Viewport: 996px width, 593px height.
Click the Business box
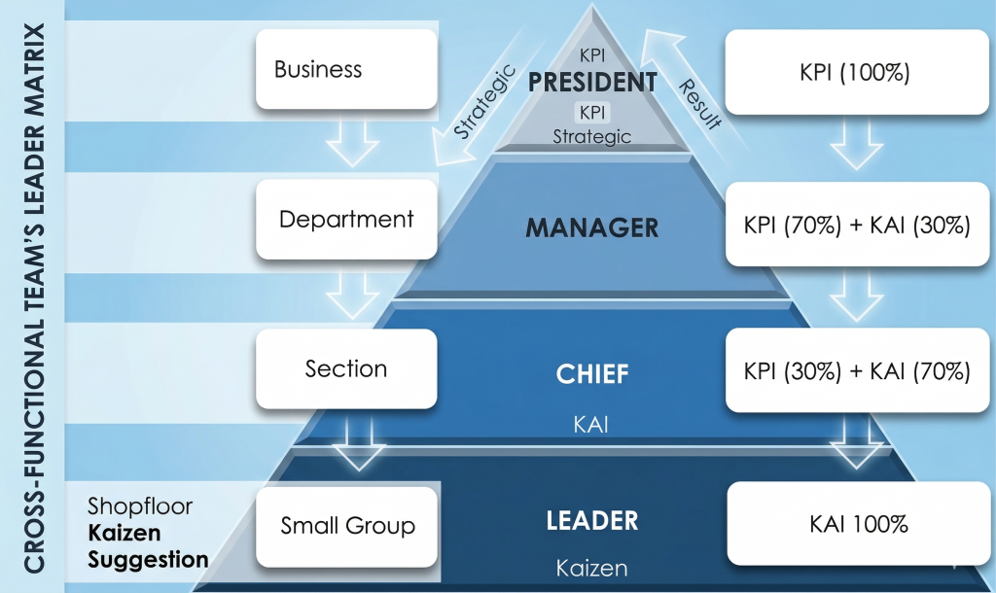tap(346, 69)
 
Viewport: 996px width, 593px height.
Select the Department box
tap(346, 220)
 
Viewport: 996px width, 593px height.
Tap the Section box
tap(346, 368)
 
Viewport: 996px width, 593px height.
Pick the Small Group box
tap(347, 526)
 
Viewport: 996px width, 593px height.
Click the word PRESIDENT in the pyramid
tap(592, 82)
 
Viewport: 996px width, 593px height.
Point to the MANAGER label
tap(592, 227)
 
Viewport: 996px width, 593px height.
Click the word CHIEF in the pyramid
tap(591, 373)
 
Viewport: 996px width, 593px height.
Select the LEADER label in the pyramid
tap(592, 520)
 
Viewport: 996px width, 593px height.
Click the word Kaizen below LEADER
tap(591, 567)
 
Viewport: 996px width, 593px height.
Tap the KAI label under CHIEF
tap(591, 425)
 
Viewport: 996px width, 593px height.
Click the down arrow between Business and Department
tap(350, 143)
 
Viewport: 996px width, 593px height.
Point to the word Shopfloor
tap(140, 506)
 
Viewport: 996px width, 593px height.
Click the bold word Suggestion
tap(148, 559)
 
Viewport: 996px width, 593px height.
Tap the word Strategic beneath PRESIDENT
tap(591, 137)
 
